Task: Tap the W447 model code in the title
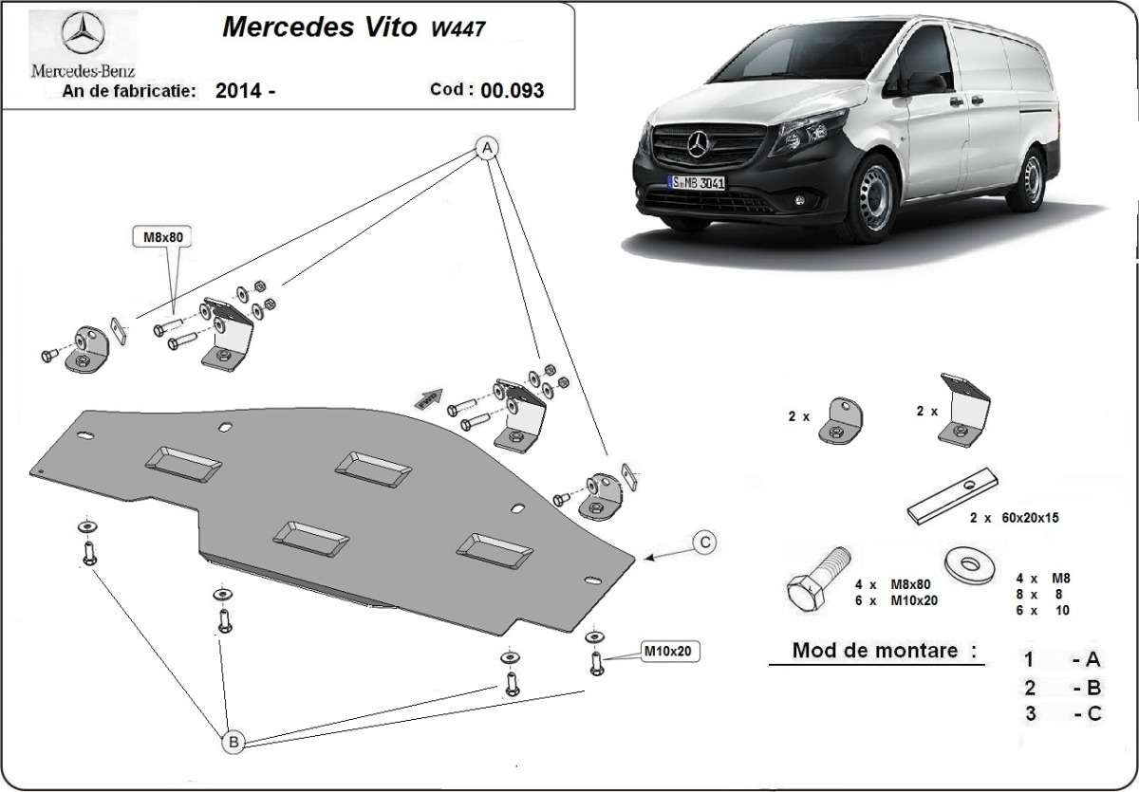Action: (459, 28)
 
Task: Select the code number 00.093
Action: (513, 91)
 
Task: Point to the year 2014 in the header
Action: (238, 92)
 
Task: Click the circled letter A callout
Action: (486, 148)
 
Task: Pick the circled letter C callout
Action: (704, 543)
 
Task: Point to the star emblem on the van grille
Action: (700, 145)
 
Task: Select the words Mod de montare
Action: (873, 652)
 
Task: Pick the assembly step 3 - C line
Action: (1062, 714)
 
